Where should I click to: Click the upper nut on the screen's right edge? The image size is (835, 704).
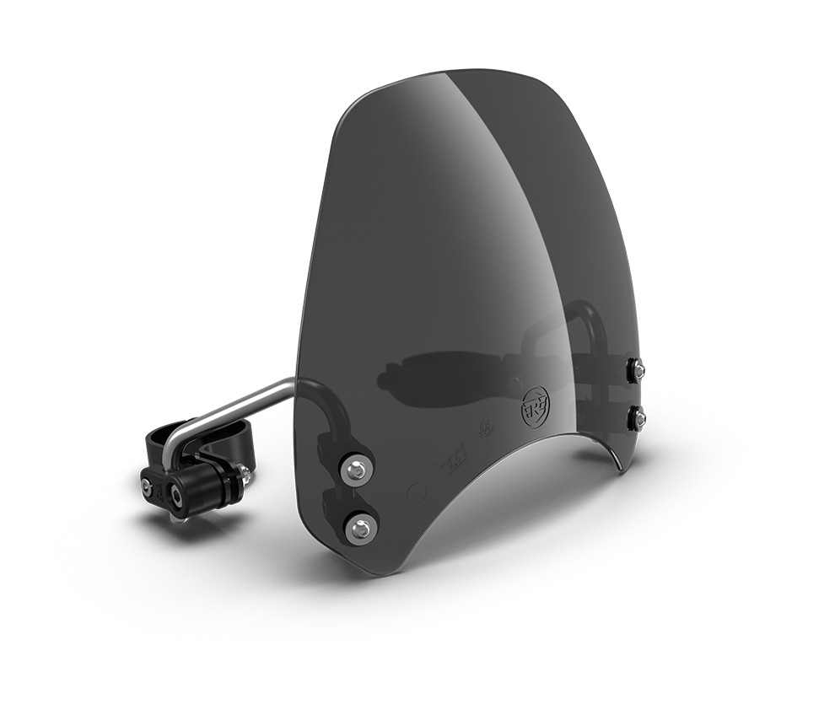point(638,368)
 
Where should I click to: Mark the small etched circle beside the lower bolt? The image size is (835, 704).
point(413,489)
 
